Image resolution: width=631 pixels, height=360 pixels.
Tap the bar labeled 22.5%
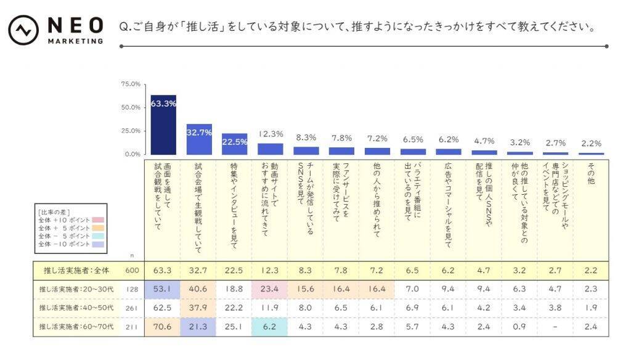point(235,144)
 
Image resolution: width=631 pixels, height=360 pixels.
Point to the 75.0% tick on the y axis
point(131,84)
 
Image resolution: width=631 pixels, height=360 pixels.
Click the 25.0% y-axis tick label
point(131,131)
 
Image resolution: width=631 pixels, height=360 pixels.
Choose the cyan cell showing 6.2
point(270,327)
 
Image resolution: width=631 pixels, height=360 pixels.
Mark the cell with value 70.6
point(163,327)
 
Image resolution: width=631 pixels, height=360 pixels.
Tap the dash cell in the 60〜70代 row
point(555,327)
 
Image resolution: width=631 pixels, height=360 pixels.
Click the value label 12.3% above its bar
point(270,134)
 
